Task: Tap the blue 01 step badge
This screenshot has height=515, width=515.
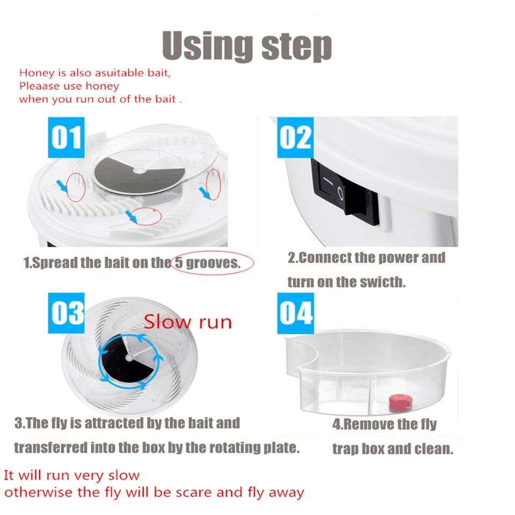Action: (66, 137)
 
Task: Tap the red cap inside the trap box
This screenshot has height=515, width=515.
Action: (398, 400)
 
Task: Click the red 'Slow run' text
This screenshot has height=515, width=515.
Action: (188, 322)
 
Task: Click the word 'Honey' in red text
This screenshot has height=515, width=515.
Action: (34, 73)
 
